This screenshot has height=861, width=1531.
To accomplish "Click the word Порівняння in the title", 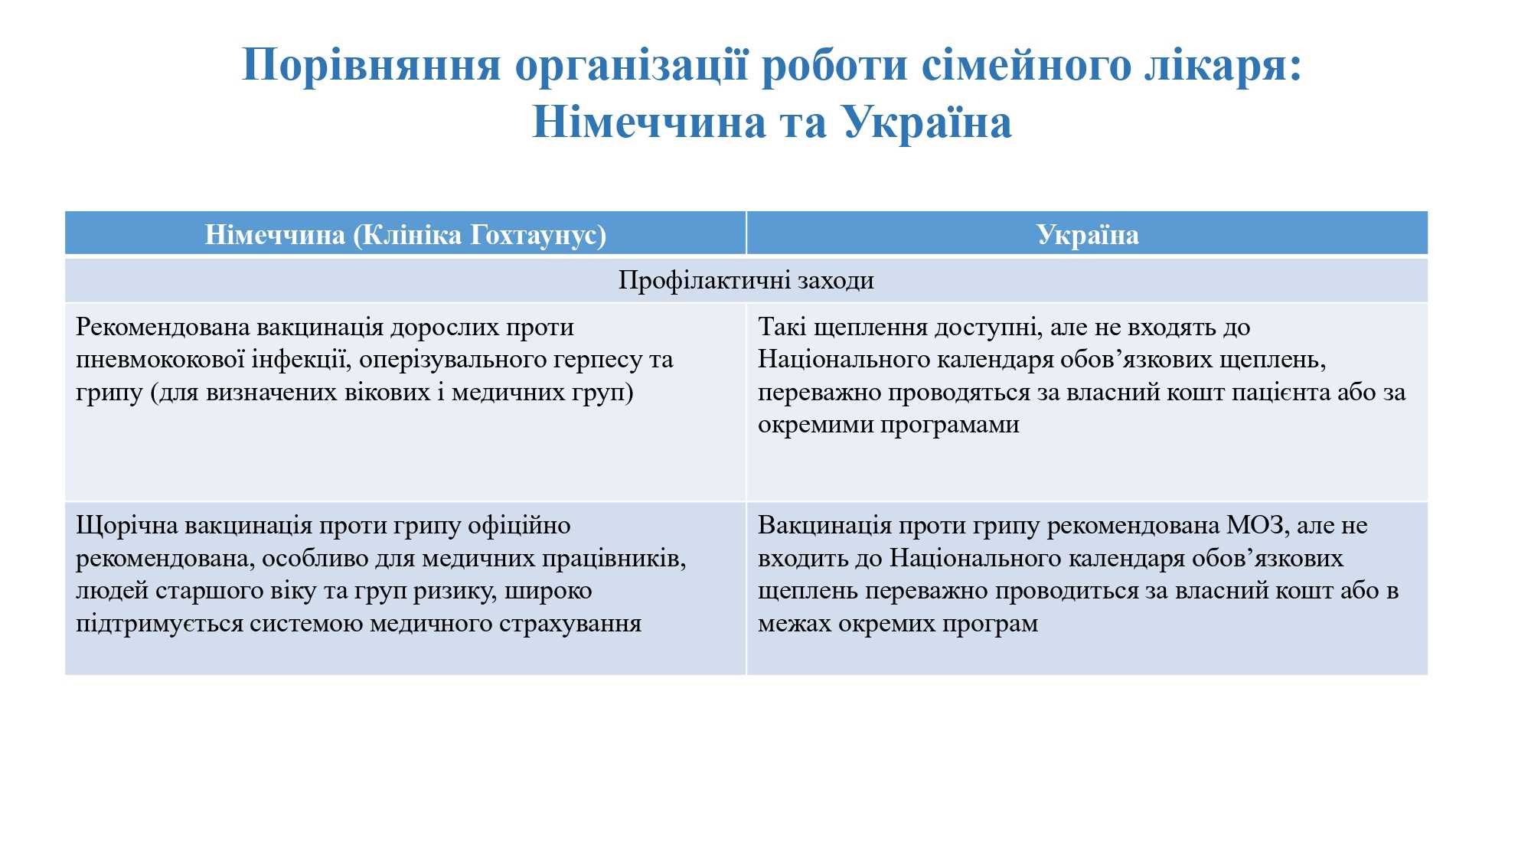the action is (371, 65).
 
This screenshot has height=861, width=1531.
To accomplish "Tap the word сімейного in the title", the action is (1025, 65).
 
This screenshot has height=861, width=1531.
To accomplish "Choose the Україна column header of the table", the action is (1087, 235).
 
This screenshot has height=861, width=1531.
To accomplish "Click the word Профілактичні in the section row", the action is (704, 281).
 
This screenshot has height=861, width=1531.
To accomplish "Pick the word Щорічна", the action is (127, 526).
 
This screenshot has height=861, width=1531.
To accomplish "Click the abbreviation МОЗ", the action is (1257, 526).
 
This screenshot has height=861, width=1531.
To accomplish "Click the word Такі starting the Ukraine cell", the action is (782, 327).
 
